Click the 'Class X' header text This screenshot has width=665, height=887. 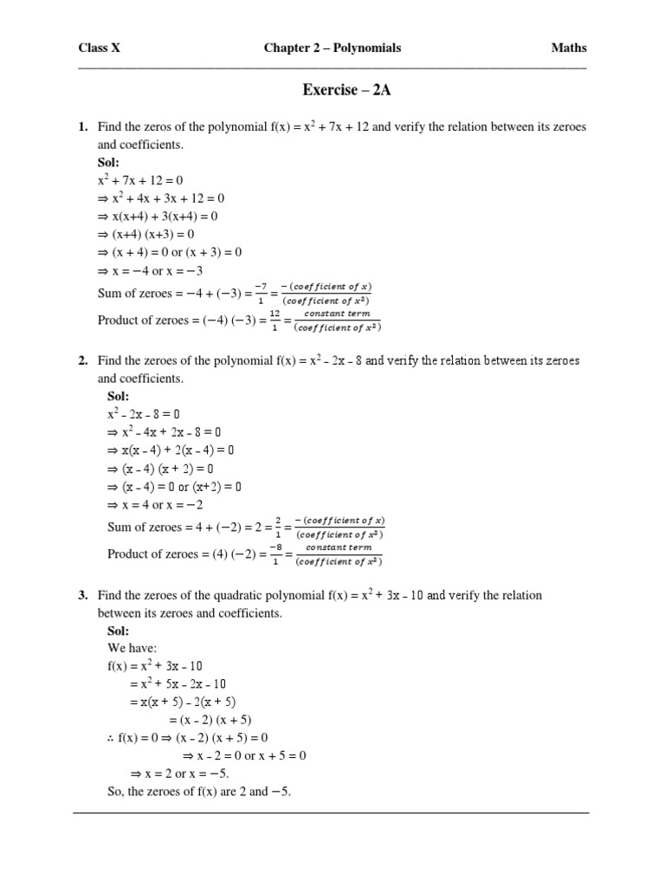100,49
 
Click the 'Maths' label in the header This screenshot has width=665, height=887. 569,49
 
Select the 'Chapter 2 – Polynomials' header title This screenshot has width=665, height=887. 332,49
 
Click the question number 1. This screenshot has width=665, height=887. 83,127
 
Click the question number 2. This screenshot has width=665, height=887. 83,360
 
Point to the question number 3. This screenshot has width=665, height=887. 83,596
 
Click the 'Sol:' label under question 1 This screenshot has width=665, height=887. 109,163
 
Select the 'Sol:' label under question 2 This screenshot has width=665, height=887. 118,396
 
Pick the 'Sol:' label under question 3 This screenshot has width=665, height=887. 118,631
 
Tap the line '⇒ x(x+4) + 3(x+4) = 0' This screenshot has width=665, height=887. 158,217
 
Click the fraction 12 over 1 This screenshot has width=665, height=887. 274,320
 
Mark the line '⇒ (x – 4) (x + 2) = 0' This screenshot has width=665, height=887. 165,469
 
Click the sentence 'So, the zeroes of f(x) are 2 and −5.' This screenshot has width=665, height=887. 196,791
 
